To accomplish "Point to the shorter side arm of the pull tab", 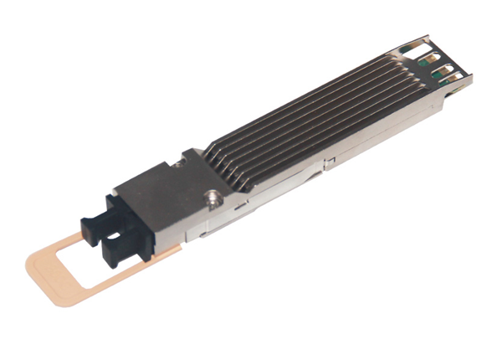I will [63, 243].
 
